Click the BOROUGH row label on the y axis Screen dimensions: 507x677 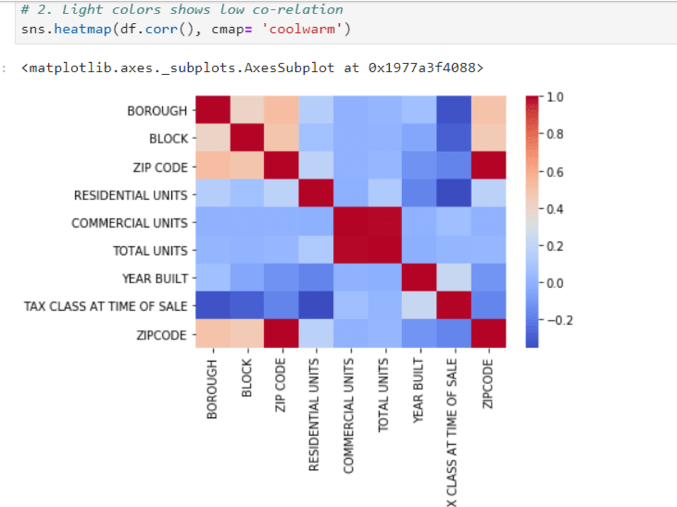click(x=157, y=111)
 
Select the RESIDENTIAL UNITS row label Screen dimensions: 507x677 click(x=131, y=195)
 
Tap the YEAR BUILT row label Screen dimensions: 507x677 click(x=154, y=279)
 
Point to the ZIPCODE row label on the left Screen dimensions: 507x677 click(x=162, y=335)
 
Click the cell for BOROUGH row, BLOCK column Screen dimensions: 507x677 click(x=247, y=111)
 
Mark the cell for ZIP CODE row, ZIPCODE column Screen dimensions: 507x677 click(x=489, y=167)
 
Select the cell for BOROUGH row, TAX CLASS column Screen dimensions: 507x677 click(x=454, y=111)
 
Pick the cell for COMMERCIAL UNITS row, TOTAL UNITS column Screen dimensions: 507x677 click(x=385, y=223)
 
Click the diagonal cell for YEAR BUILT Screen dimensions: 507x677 click(x=420, y=279)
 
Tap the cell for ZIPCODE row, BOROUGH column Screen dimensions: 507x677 click(x=213, y=335)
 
